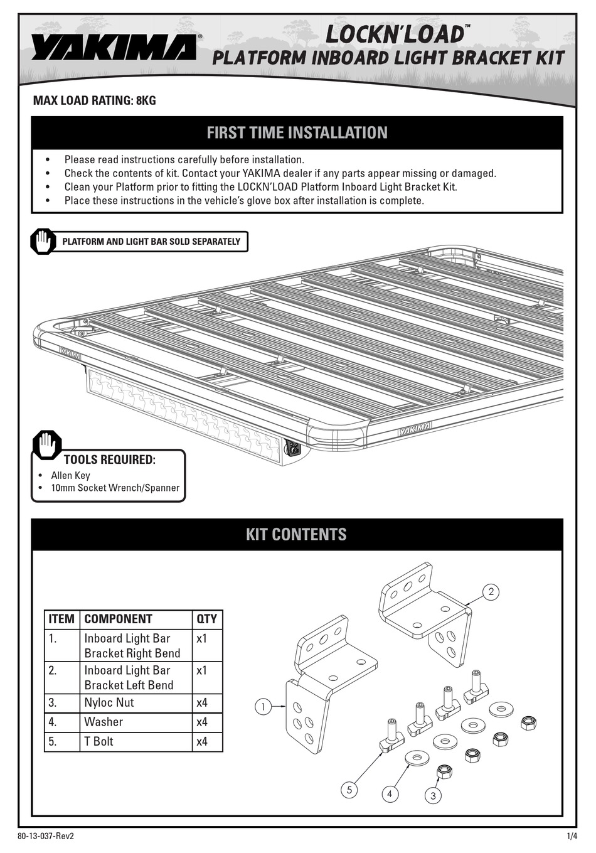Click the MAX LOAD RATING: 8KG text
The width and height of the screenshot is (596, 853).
(x=94, y=100)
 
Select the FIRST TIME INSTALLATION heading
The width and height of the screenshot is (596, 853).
(x=297, y=132)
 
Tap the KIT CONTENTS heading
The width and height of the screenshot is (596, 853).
(x=296, y=534)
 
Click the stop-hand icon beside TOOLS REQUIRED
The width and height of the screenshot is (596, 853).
(x=47, y=445)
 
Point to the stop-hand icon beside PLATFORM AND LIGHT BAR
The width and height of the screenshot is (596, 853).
(x=43, y=242)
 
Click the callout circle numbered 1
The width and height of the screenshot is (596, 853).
(x=263, y=707)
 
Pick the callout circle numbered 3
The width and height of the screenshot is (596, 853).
(x=433, y=796)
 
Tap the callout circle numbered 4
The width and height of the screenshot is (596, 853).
(x=390, y=794)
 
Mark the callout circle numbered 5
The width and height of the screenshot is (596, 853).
(x=349, y=790)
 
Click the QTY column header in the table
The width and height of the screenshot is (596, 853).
(x=206, y=619)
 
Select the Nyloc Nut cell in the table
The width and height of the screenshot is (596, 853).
(x=109, y=702)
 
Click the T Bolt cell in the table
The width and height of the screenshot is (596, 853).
(x=99, y=741)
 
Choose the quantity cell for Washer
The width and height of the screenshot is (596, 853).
(x=202, y=722)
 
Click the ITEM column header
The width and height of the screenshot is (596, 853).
(x=61, y=619)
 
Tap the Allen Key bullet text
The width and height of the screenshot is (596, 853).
(x=70, y=475)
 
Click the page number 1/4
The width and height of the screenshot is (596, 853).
(x=572, y=837)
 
